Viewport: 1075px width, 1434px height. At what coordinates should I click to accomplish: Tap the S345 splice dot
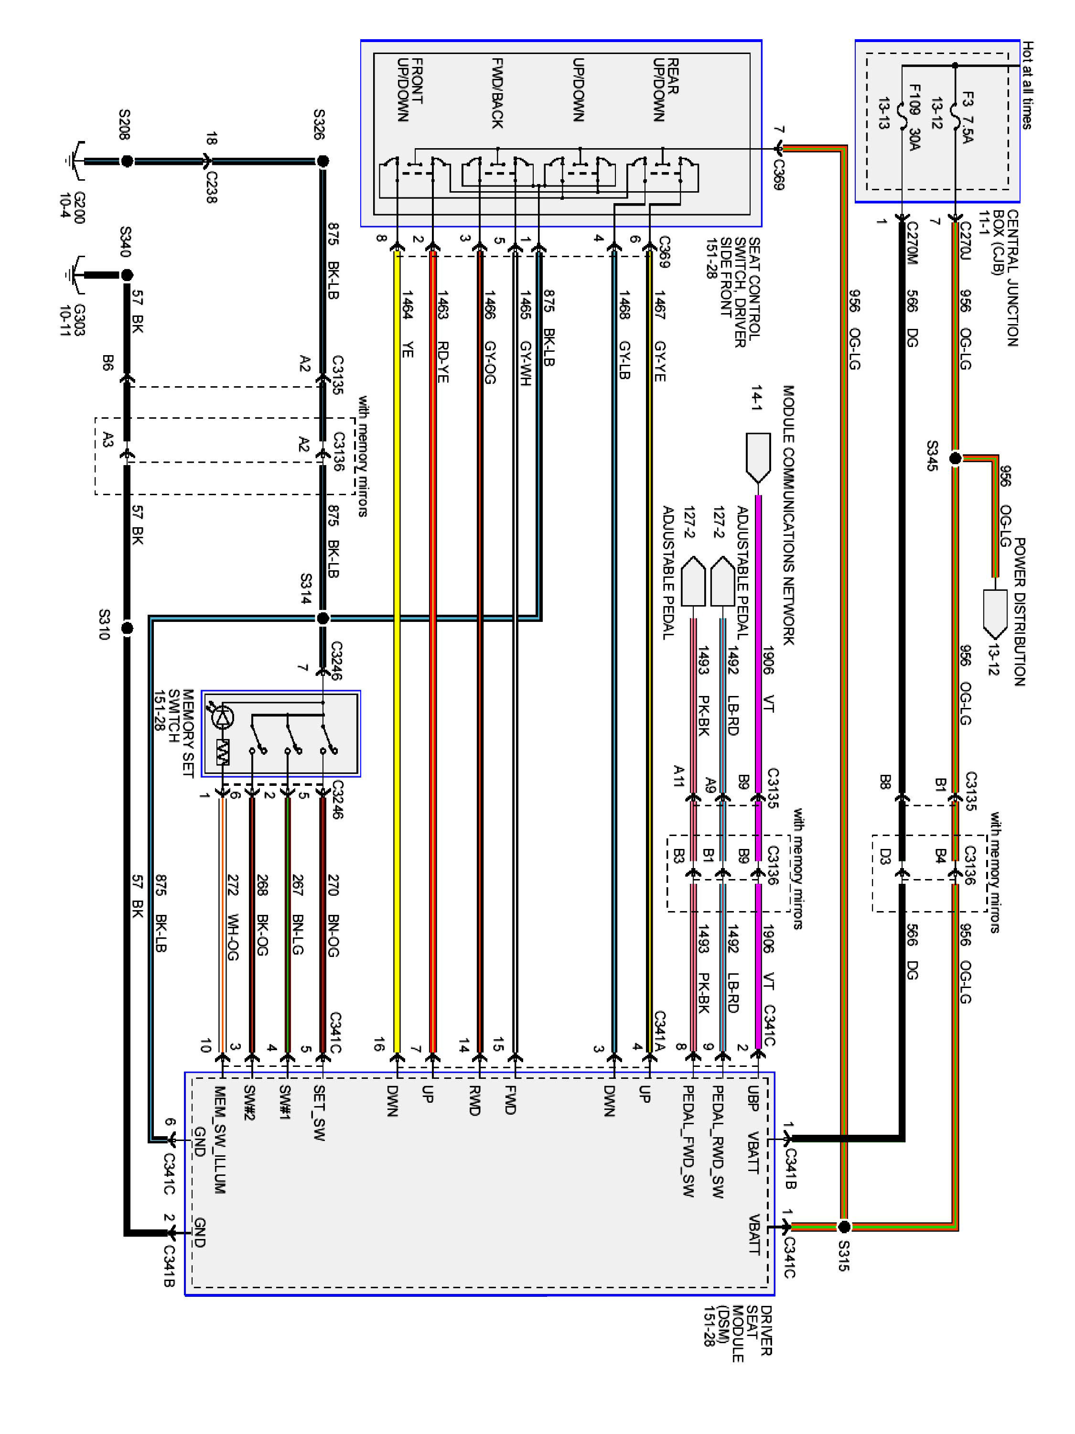tap(955, 458)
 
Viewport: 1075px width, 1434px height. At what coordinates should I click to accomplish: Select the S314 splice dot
tap(322, 618)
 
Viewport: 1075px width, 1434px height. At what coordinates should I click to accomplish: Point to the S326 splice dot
tap(322, 160)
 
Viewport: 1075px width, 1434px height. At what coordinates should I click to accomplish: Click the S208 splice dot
tap(127, 160)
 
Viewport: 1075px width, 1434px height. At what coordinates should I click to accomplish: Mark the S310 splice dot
tap(127, 628)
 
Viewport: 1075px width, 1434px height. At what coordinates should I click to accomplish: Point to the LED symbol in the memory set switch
tap(224, 717)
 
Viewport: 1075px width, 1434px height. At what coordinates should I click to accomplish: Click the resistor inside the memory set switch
tap(224, 752)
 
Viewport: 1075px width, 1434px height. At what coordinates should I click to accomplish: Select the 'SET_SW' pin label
tap(319, 1113)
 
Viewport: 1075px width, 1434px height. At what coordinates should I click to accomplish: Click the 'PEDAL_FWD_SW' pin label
tap(688, 1141)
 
